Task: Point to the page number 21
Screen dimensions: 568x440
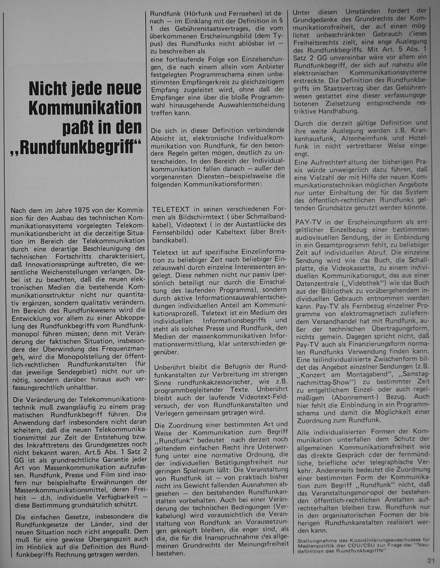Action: coord(430,561)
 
